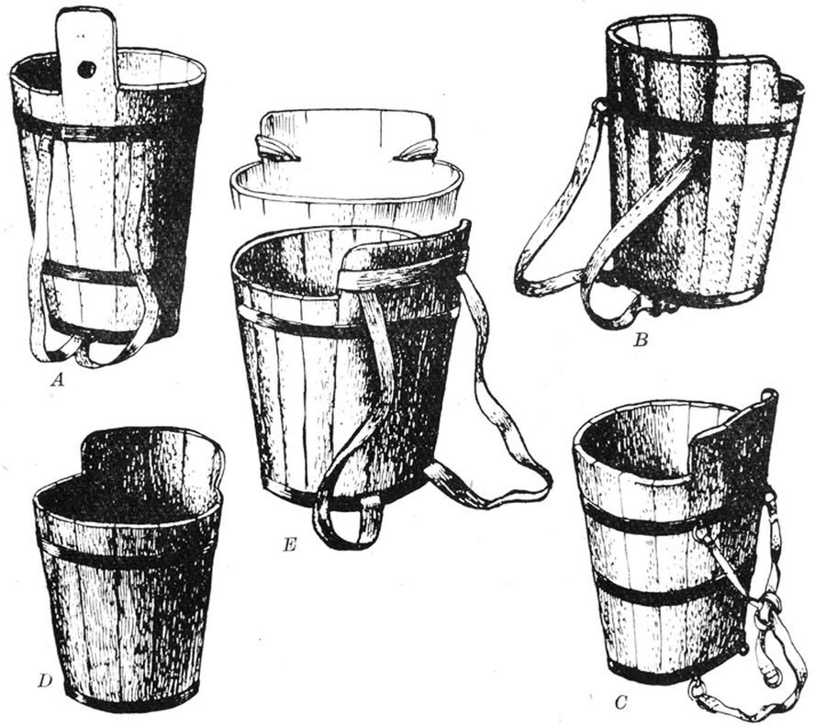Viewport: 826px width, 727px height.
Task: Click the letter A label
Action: pos(57,379)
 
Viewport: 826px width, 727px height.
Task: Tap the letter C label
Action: pos(621,703)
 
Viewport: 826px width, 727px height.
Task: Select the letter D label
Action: pos(45,681)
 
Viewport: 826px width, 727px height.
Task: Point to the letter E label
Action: pos(289,544)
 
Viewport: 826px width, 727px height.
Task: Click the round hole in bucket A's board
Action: pos(86,69)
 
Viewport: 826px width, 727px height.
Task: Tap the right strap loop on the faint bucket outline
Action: pos(415,151)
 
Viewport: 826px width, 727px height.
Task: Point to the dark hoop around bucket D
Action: pos(127,554)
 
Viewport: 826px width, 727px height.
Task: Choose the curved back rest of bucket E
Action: pos(406,258)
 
